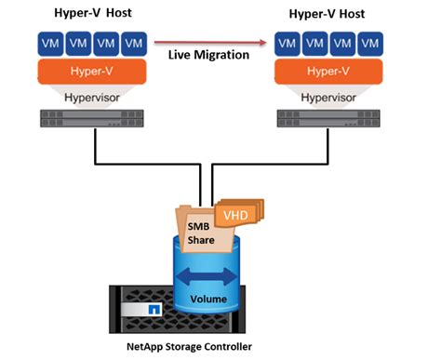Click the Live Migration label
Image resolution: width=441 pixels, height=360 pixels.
209,56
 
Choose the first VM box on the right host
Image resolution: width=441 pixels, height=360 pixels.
289,43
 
